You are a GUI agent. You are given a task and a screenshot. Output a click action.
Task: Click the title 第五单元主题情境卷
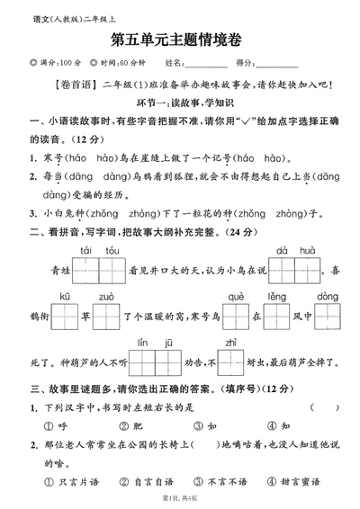click(180, 40)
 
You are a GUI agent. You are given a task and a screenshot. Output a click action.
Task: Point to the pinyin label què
click(236, 296)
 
